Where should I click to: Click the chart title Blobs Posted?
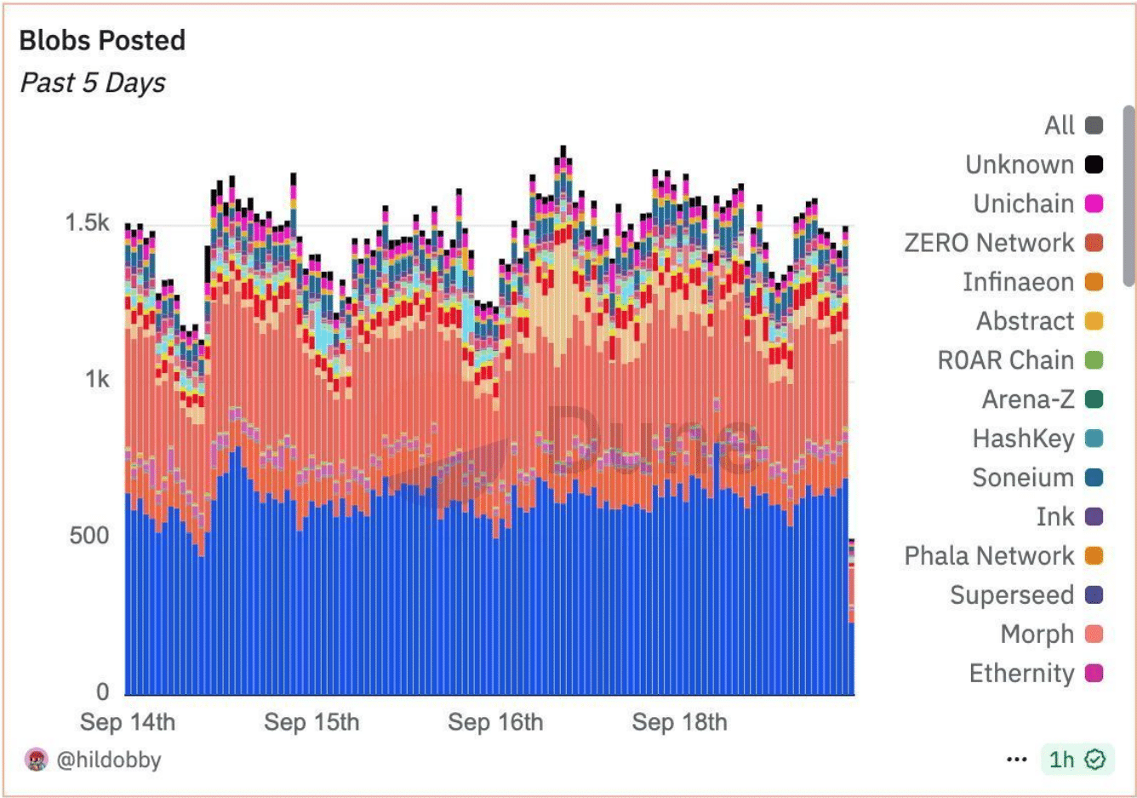click(x=102, y=40)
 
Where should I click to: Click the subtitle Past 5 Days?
click(x=93, y=83)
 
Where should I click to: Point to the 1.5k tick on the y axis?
click(x=87, y=223)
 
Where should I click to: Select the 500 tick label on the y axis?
click(x=89, y=536)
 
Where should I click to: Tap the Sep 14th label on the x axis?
click(x=128, y=722)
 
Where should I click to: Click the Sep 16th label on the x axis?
click(x=495, y=722)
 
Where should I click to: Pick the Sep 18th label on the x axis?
click(x=679, y=722)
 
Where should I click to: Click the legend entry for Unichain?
click(x=1024, y=204)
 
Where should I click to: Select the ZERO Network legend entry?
click(x=989, y=243)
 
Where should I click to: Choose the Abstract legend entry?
click(x=1026, y=321)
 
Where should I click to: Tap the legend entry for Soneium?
click(x=1023, y=478)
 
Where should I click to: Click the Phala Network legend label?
click(x=989, y=556)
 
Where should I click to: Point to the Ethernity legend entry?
click(x=1021, y=674)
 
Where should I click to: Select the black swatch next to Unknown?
click(x=1094, y=164)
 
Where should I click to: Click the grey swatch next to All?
click(x=1094, y=125)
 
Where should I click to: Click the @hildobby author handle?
click(x=109, y=760)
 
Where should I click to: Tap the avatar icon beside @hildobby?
click(x=37, y=760)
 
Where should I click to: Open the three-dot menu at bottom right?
click(x=1016, y=759)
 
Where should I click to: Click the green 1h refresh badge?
click(x=1076, y=759)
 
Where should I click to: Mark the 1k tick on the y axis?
click(x=97, y=380)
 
